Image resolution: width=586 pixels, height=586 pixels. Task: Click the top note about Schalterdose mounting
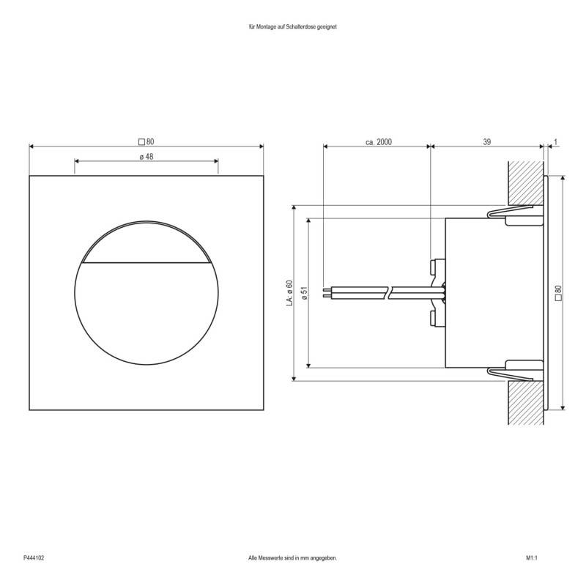pyautogui.click(x=292, y=26)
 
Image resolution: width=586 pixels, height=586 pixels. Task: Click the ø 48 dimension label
pyautogui.click(x=146, y=157)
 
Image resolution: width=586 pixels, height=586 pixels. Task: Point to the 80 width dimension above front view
pyautogui.click(x=146, y=141)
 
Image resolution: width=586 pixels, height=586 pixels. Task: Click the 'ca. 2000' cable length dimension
pyautogui.click(x=379, y=141)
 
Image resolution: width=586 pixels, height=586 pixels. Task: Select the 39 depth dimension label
pyautogui.click(x=486, y=141)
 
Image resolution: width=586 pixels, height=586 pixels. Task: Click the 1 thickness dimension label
pyautogui.click(x=557, y=141)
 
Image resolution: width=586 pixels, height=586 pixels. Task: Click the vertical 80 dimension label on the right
pyautogui.click(x=558, y=292)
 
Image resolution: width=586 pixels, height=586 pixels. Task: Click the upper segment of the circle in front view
pyautogui.click(x=146, y=245)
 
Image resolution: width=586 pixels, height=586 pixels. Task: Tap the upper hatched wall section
pyautogui.click(x=525, y=182)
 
